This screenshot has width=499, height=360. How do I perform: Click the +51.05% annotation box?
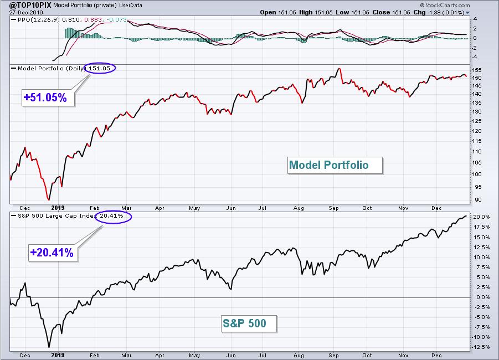pyautogui.click(x=48, y=97)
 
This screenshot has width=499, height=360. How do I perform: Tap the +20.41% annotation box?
pyautogui.click(x=53, y=253)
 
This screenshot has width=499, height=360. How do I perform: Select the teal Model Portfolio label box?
pyautogui.click(x=335, y=165)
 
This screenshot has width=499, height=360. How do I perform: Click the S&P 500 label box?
pyautogui.click(x=249, y=323)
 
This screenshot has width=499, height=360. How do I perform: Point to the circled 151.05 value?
pyautogui.click(x=100, y=68)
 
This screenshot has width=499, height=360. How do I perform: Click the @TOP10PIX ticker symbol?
pyautogui.click(x=30, y=5)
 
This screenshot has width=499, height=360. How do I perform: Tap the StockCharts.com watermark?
pyautogui.click(x=445, y=5)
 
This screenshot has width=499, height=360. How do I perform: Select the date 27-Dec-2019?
pyautogui.click(x=22, y=12)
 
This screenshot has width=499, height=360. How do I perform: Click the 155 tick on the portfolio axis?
pyautogui.click(x=477, y=70)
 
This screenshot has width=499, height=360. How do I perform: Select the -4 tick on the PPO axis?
pyautogui.click(x=475, y=58)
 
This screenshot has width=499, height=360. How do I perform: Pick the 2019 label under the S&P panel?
pyautogui.click(x=58, y=355)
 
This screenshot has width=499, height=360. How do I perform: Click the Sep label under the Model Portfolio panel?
pyautogui.click(x=333, y=208)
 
